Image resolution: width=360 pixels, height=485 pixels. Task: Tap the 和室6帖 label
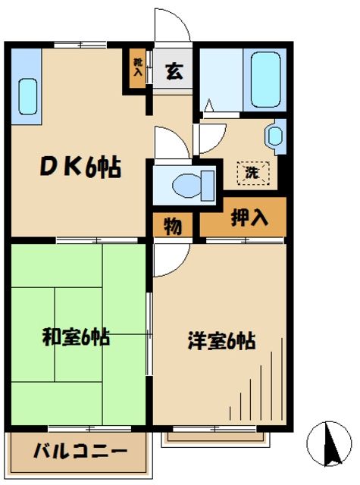76,337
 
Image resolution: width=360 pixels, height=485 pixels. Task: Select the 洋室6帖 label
220,341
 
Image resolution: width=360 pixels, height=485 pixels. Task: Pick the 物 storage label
172,226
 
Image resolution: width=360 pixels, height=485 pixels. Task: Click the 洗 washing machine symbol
251,172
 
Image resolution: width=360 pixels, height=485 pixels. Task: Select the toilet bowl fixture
185,184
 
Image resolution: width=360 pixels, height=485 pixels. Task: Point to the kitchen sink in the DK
27,94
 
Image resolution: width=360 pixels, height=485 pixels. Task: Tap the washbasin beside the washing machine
274,136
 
